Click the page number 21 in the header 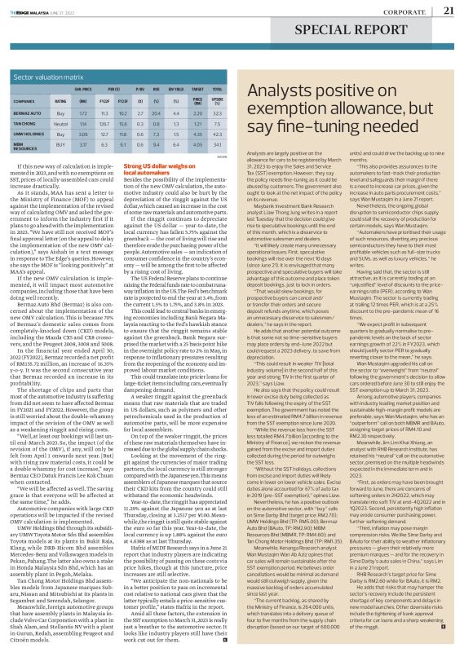(x=449, y=11)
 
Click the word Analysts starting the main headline (x=292, y=93)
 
